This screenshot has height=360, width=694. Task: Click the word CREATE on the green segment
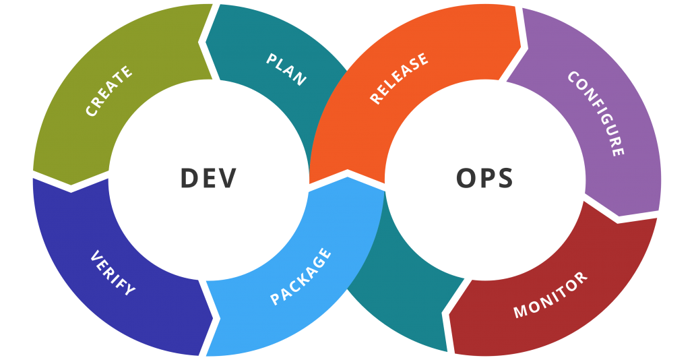(109, 91)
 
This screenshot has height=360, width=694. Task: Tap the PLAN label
(286, 69)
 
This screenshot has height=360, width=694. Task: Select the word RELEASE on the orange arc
(399, 78)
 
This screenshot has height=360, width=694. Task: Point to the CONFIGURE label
(596, 113)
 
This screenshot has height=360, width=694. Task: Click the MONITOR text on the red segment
(550, 295)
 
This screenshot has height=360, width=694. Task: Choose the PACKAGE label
(301, 277)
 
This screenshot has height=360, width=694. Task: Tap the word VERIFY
(113, 273)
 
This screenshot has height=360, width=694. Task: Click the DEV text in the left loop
(208, 178)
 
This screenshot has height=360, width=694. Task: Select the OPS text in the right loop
(484, 178)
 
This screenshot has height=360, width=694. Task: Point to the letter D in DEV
(189, 178)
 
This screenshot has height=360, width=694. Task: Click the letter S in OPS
(504, 178)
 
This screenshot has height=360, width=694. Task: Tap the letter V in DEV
(227, 178)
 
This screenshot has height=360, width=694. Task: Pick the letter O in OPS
(466, 178)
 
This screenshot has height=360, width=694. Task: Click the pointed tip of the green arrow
(71, 185)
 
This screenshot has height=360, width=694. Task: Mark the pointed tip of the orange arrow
(521, 46)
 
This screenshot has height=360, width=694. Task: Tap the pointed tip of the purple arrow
(619, 216)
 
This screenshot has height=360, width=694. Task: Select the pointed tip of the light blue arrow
(348, 177)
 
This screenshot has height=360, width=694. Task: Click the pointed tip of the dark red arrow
(449, 315)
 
